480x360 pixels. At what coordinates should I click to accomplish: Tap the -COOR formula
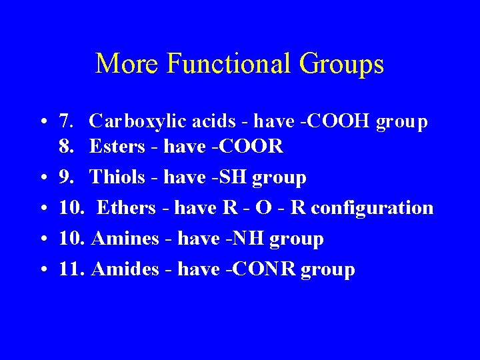(251, 146)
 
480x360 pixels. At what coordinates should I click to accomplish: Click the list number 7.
(66, 121)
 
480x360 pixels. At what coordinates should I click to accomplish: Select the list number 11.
(70, 269)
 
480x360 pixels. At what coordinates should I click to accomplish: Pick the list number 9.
(66, 177)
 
